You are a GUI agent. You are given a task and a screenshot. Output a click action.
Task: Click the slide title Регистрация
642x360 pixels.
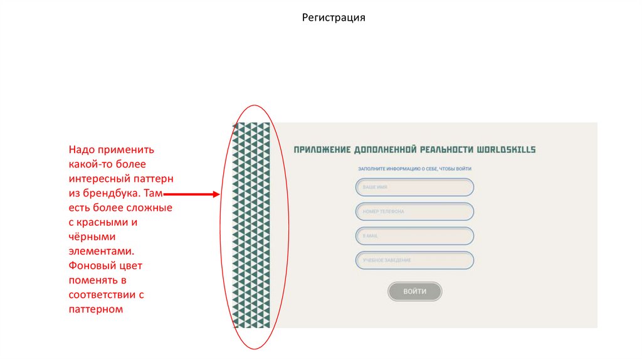click(x=334, y=18)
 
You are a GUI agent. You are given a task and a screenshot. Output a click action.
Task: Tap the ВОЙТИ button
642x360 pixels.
click(x=414, y=292)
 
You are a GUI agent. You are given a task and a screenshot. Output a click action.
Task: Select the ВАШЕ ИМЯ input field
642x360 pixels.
click(x=414, y=188)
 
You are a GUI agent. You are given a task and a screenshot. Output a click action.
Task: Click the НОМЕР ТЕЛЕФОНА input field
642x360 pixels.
click(x=414, y=212)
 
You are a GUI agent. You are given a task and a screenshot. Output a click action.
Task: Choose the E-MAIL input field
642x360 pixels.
click(x=414, y=236)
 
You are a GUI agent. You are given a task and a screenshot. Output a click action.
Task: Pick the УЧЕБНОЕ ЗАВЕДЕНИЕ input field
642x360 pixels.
click(x=414, y=260)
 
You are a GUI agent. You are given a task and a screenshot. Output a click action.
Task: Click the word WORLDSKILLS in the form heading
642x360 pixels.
click(x=507, y=150)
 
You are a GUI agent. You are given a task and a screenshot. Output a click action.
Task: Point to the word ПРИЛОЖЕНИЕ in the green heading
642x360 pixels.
click(x=322, y=150)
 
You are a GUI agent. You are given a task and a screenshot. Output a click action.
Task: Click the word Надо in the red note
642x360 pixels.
click(x=81, y=151)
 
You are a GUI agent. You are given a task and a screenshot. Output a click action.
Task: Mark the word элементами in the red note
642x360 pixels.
click(x=100, y=251)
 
